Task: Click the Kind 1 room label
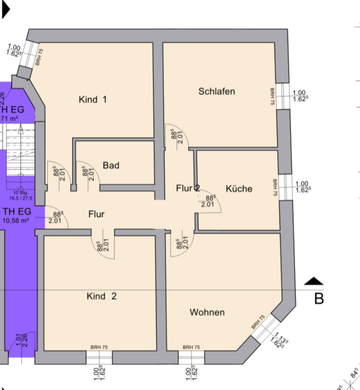pyautogui.click(x=93, y=99)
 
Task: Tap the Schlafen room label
pyautogui.click(x=216, y=92)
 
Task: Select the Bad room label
pyautogui.click(x=111, y=165)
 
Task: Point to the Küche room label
pyautogui.click(x=239, y=189)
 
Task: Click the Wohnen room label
pyautogui.click(x=207, y=312)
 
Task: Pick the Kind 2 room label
pyautogui.click(x=101, y=296)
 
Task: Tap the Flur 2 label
pyautogui.click(x=188, y=188)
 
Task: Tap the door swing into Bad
pyautogui.click(x=87, y=173)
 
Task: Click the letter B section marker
pyautogui.click(x=319, y=298)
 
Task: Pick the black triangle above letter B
pyautogui.click(x=314, y=282)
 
